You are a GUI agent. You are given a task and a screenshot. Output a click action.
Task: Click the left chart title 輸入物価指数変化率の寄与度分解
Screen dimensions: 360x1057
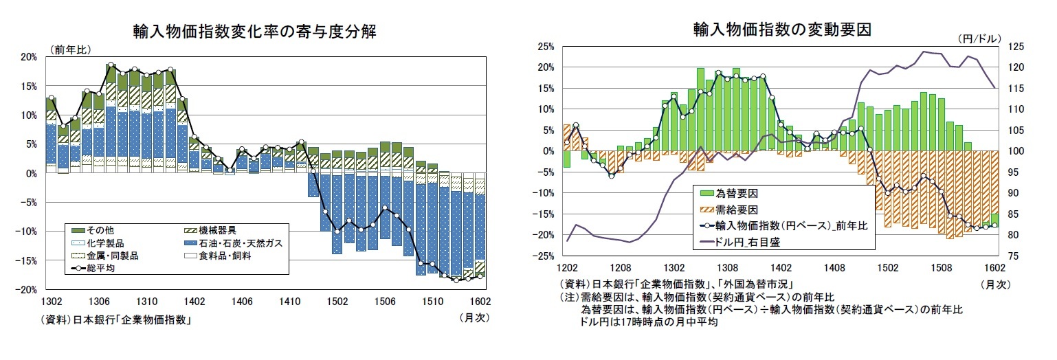tap(254, 32)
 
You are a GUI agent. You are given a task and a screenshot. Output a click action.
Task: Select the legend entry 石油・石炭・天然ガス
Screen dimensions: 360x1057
tap(232, 243)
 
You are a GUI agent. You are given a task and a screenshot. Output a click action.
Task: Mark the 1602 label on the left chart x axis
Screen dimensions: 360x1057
tap(478, 301)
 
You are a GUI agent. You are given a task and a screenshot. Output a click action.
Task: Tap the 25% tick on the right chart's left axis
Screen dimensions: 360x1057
tap(546, 47)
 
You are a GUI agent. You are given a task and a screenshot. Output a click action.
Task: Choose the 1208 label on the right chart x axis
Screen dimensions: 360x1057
tap(620, 268)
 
